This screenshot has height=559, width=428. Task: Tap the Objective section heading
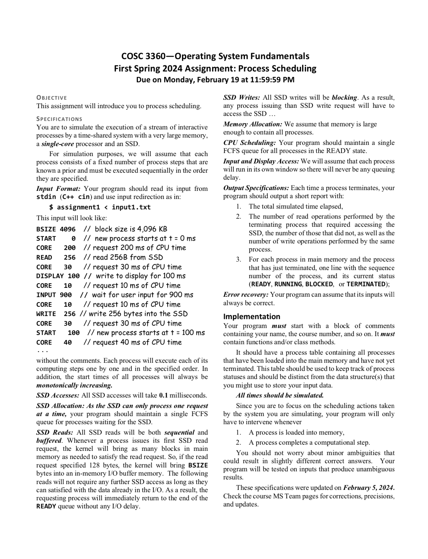pos(52,98)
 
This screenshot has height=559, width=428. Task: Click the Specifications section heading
pos(59,119)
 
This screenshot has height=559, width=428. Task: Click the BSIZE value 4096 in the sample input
pos(68,229)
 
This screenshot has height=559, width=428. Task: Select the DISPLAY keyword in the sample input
pos(50,276)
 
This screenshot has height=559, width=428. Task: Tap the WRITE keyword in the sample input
pos(46,314)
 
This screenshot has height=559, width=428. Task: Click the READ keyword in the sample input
pos(44,257)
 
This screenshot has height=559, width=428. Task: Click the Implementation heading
pos(251,316)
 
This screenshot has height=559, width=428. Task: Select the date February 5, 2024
pos(369,488)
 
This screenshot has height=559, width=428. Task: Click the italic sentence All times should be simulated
pos(280,395)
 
